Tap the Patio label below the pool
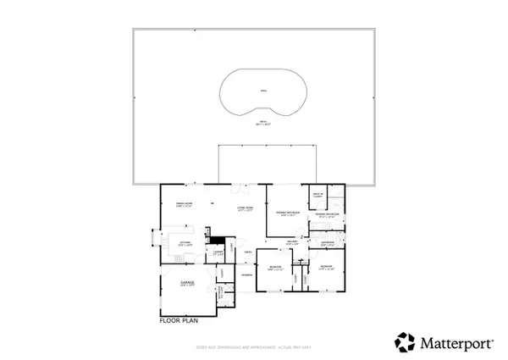point(262,125)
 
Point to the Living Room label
point(246,208)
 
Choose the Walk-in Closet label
point(318,196)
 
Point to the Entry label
point(247,252)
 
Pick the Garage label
point(187,283)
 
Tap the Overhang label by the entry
point(247,275)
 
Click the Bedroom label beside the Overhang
point(275,268)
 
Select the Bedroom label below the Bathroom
point(327,268)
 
